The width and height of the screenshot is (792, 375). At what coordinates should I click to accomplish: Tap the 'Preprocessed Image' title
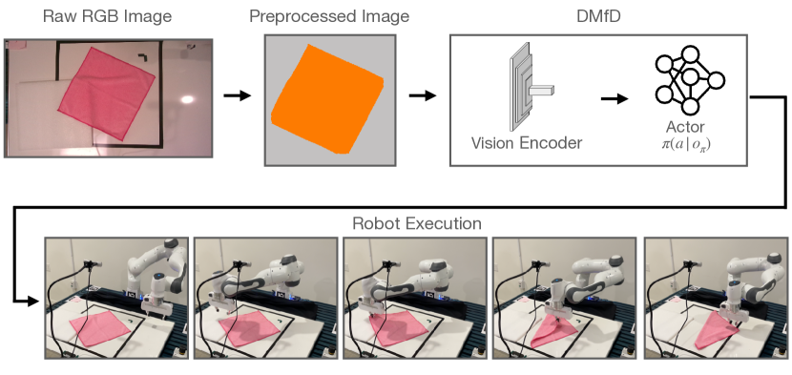coord(327,18)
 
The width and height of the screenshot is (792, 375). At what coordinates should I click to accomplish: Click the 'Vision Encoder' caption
coord(526,144)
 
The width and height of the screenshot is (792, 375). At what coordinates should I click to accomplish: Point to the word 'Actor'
coord(686,127)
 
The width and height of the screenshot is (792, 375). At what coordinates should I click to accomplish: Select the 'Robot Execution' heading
coord(416,224)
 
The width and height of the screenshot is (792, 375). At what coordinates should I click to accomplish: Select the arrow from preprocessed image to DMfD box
coord(421,95)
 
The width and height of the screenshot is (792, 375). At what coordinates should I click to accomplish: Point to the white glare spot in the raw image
coord(188,99)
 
